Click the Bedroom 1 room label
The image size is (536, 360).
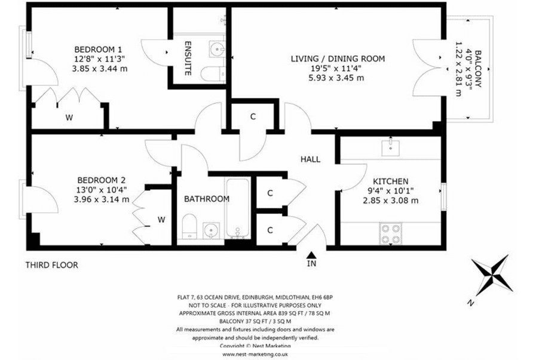tap(98, 49)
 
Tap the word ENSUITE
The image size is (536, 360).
tap(188, 59)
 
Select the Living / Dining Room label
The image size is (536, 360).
tap(338, 59)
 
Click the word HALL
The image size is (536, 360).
tap(310, 159)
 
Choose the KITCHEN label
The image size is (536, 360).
tap(390, 181)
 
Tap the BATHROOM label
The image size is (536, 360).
tap(207, 199)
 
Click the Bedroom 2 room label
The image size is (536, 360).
tap(101, 180)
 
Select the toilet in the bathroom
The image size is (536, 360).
tap(189, 226)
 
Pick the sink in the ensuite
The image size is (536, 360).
tap(216, 50)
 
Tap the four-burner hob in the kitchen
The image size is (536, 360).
tap(390, 233)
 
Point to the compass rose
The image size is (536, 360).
tap(492, 275)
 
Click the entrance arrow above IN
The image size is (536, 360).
tap(311, 255)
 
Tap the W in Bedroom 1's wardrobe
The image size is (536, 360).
tap(69, 118)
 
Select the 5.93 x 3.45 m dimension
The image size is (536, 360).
tap(336, 78)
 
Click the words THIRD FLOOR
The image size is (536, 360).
tap(52, 265)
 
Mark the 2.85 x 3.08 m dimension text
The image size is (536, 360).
tap(390, 200)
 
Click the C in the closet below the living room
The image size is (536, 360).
tap(253, 117)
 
